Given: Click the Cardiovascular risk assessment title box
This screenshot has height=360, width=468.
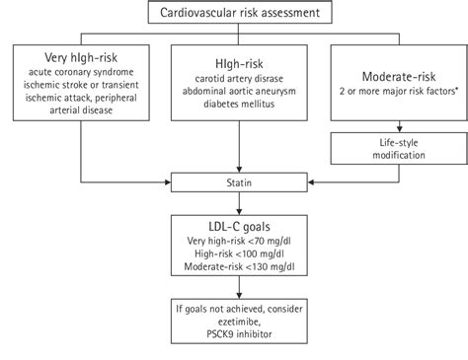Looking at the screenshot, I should click(x=234, y=13).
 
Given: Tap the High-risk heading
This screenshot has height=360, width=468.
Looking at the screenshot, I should click(x=233, y=62).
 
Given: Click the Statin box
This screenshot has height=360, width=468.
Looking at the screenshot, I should click(x=233, y=181).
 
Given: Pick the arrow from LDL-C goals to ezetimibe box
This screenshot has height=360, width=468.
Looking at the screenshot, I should click(x=234, y=292).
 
